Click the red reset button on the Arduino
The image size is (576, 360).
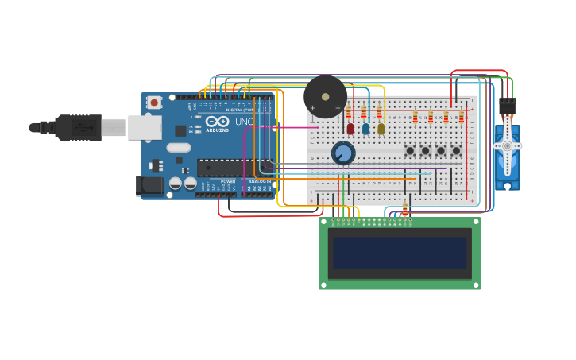[154, 102]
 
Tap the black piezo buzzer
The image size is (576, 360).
[325, 97]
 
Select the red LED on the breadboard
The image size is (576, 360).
[350, 128]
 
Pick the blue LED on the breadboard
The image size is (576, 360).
[365, 128]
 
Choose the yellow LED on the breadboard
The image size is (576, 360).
[381, 128]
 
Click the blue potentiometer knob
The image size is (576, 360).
[343, 153]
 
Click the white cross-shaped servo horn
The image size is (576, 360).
[507, 146]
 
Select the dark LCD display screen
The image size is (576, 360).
[400, 254]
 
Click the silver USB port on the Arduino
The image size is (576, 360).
[145, 127]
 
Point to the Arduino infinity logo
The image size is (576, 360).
[217, 122]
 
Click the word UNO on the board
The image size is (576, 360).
[244, 122]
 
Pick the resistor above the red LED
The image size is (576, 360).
[348, 112]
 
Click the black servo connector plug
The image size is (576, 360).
[507, 106]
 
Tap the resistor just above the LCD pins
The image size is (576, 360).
[405, 210]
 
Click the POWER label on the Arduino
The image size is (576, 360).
[228, 181]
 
